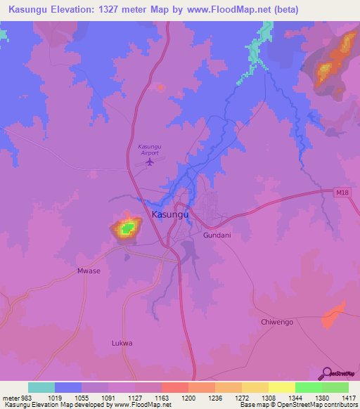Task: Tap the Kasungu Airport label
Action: tap(149, 149)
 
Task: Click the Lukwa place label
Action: tap(122, 343)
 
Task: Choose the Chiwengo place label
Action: tap(276, 321)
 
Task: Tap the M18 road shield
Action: tap(341, 192)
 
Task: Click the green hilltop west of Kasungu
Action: tap(127, 228)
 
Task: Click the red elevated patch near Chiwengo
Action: tap(335, 315)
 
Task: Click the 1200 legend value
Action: tap(188, 397)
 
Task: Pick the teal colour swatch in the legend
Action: tap(41, 387)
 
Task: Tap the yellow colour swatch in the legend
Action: tap(281, 387)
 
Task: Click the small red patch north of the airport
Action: tap(160, 87)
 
